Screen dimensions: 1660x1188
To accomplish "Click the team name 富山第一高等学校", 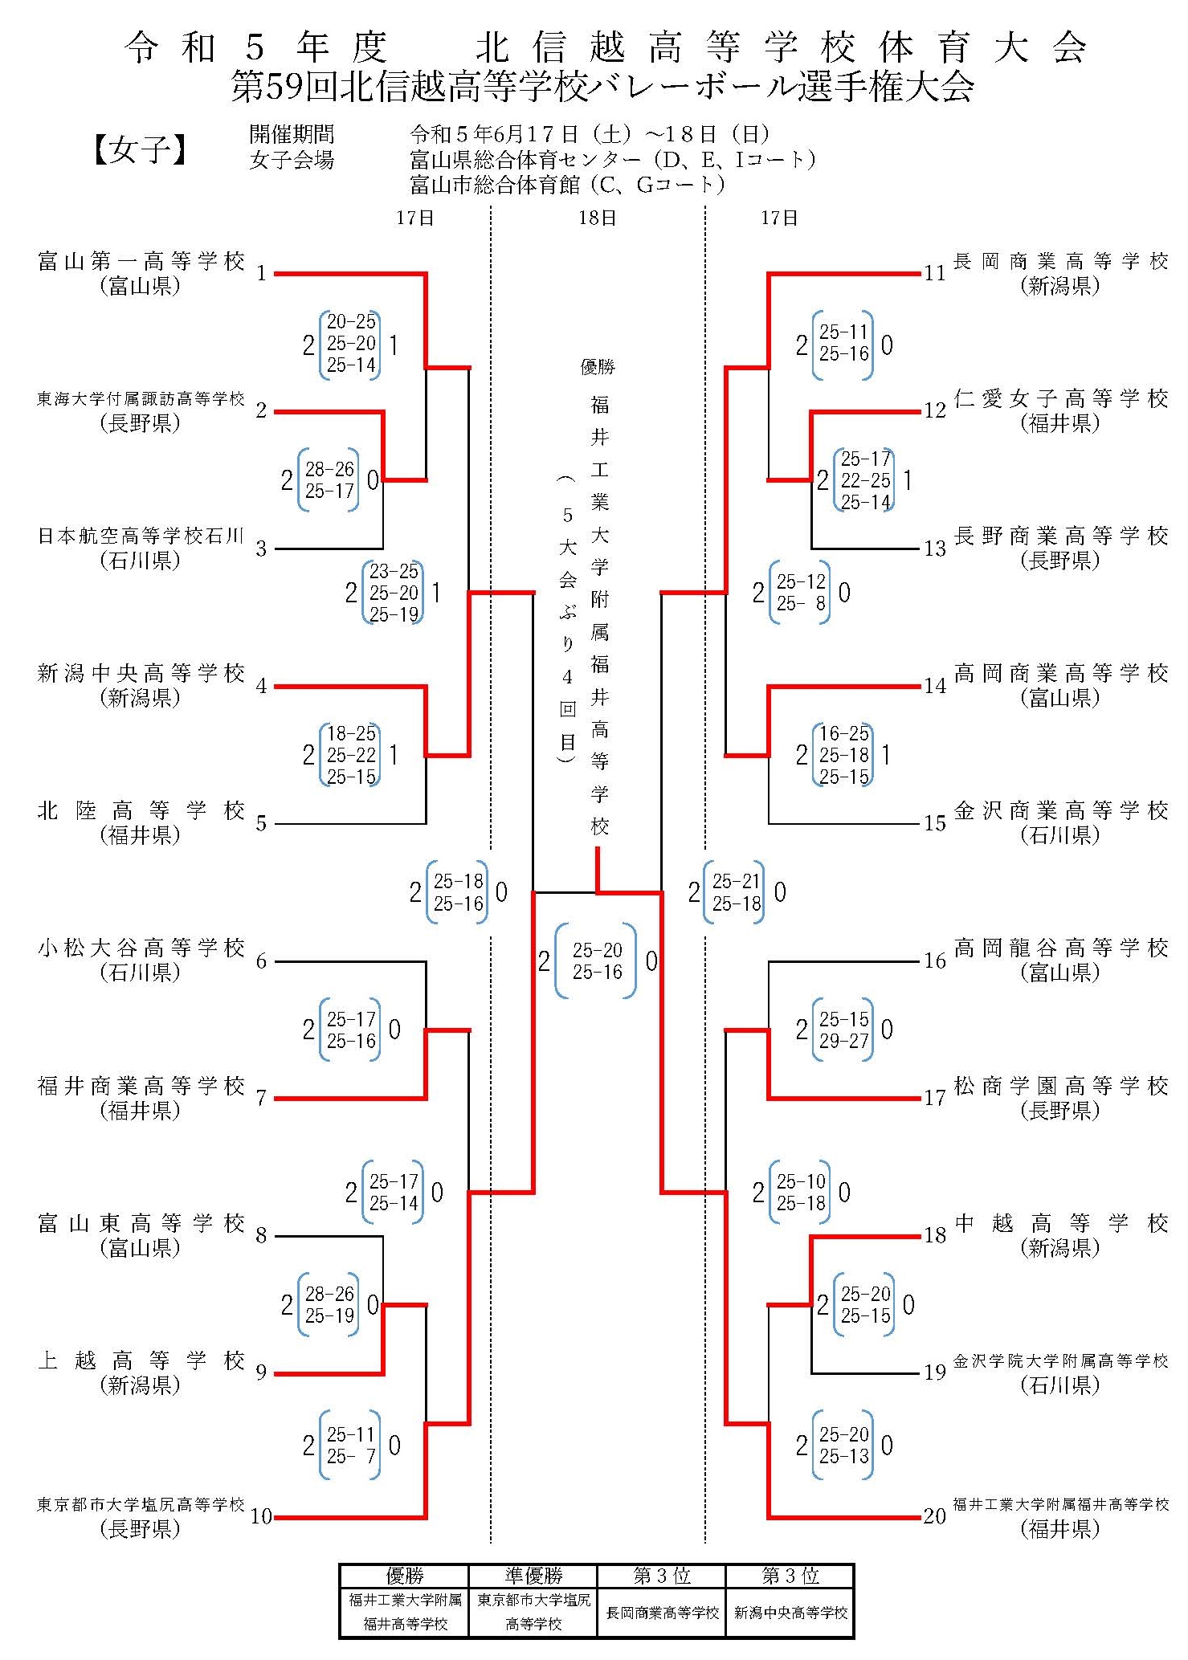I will coord(141,262).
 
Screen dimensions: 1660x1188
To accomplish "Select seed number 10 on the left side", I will coord(261,1516).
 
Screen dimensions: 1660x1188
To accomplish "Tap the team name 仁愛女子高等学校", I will coord(1060,399).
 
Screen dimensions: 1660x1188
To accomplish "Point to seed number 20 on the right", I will coord(934,1516).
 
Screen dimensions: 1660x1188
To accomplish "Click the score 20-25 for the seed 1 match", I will coord(351,322).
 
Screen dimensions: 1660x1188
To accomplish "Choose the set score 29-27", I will coord(843,1041).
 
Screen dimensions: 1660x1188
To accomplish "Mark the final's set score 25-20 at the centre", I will coord(597,950).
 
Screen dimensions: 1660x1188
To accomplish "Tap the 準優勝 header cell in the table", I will coord(533,1576).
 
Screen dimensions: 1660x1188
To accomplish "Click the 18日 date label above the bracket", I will coord(597,218).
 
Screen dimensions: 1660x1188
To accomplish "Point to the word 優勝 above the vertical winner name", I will coord(598,367).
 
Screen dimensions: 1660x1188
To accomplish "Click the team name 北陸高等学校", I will coord(141,811).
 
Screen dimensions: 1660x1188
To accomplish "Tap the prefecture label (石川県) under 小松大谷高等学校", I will coord(141,973).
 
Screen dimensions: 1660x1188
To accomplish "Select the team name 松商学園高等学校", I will coord(1060,1087).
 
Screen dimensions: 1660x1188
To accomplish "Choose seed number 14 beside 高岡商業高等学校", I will coord(934,686).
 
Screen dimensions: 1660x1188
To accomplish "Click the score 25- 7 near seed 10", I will coord(351,1456).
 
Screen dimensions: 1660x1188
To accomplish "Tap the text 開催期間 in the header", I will coord(291,134).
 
